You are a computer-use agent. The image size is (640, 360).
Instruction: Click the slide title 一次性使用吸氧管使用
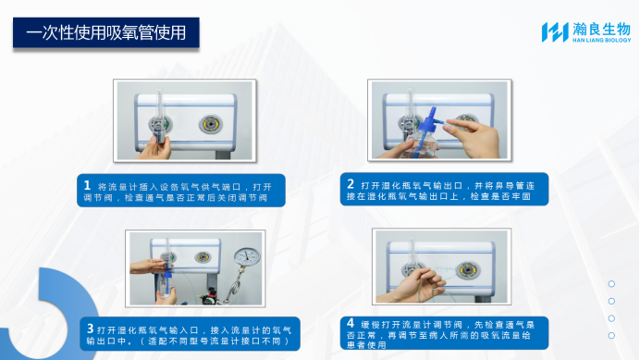(x=106, y=33)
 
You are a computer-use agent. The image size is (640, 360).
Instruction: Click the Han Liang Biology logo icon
(x=554, y=32)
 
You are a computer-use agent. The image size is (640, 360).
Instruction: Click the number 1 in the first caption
(x=87, y=185)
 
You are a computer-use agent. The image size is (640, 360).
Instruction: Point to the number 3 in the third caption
(x=89, y=329)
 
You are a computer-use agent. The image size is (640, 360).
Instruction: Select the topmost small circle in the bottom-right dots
(x=611, y=284)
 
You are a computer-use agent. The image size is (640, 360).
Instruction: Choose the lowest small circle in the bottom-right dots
(x=611, y=334)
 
